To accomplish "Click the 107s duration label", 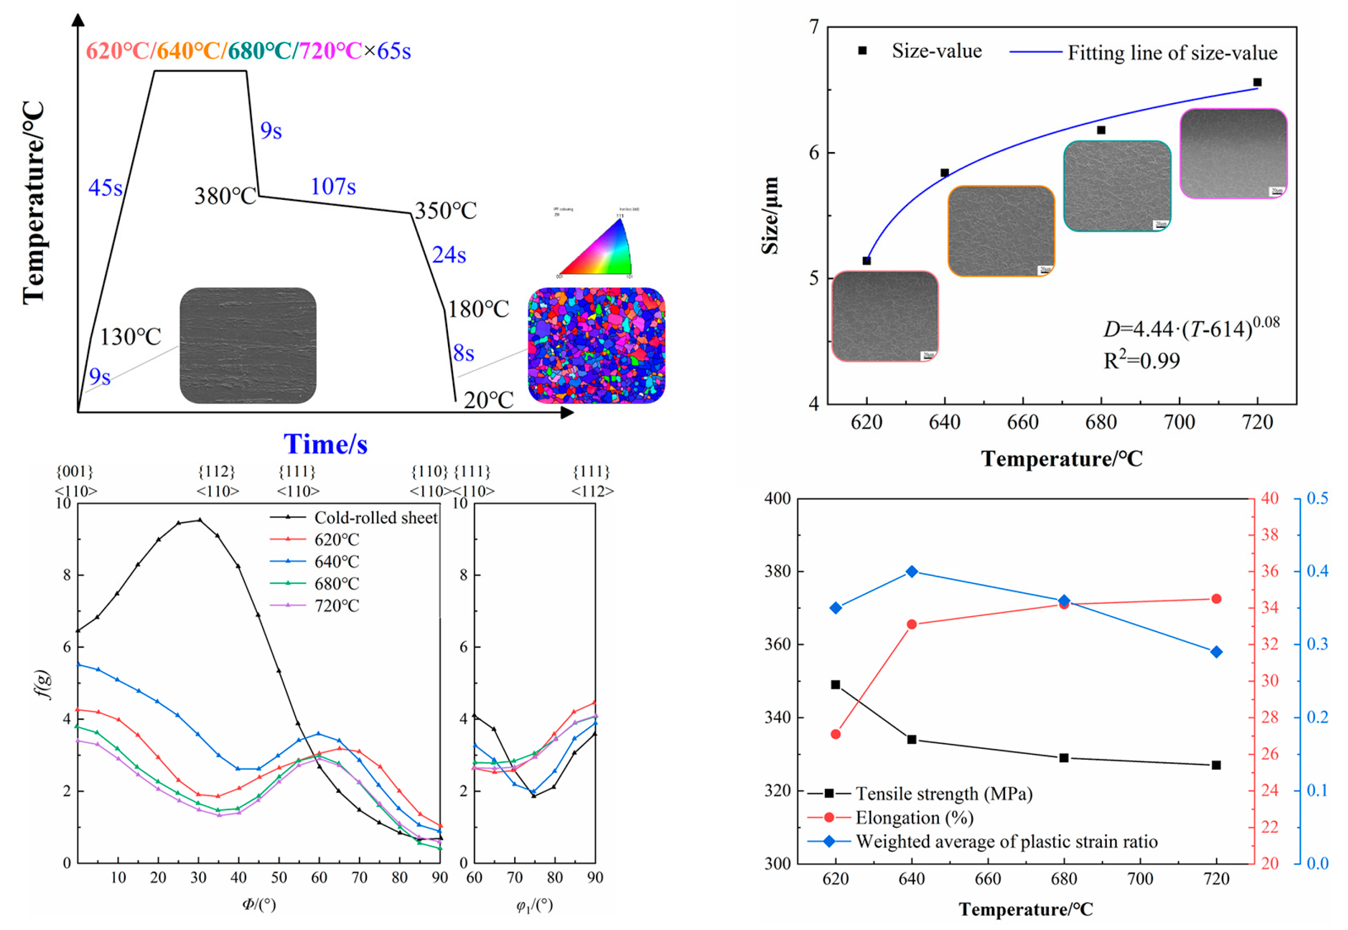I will [x=333, y=187].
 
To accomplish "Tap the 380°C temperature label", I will [x=225, y=196].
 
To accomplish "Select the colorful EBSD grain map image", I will [x=596, y=345].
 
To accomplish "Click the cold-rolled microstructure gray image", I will [x=248, y=345].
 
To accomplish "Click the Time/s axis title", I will [x=325, y=444].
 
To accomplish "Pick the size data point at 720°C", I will [x=1257, y=82].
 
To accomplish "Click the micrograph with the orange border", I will [x=1001, y=231].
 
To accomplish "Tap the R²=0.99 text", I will [x=1141, y=361].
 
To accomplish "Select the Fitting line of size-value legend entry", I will [x=1171, y=53].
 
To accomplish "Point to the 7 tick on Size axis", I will [x=814, y=27].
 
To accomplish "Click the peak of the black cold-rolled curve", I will [x=199, y=520].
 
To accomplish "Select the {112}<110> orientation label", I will [x=217, y=481].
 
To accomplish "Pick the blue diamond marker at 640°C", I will [x=911, y=572].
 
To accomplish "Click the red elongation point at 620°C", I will [x=835, y=734].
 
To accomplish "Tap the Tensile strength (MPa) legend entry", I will [x=943, y=794].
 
